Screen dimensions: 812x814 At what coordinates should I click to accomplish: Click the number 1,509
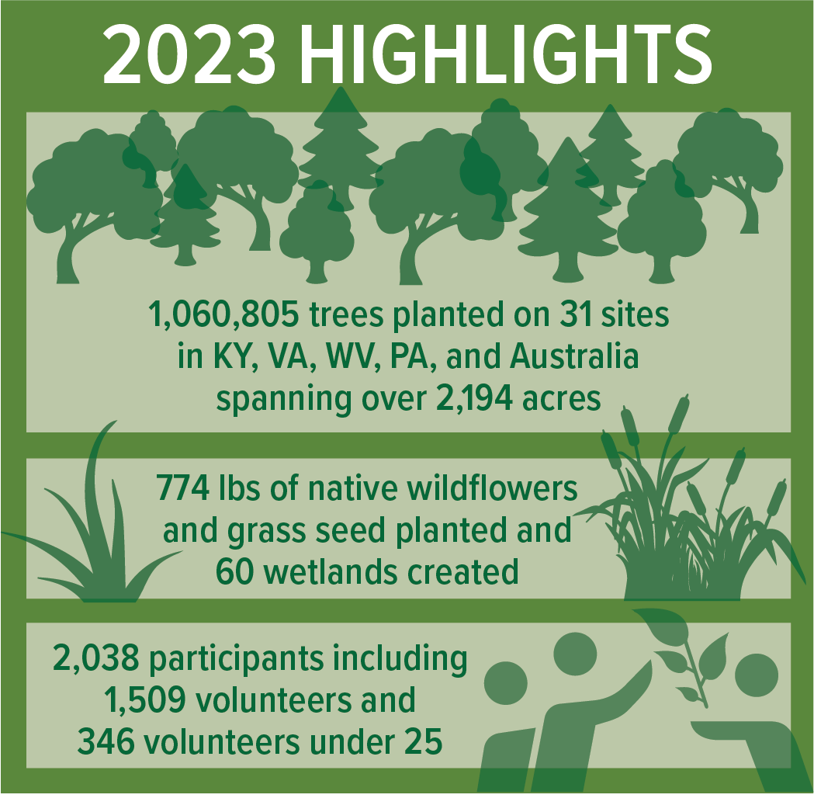tap(143, 701)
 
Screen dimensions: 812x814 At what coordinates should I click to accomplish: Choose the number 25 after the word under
tap(423, 742)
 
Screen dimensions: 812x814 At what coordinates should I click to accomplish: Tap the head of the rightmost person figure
tap(756, 675)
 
